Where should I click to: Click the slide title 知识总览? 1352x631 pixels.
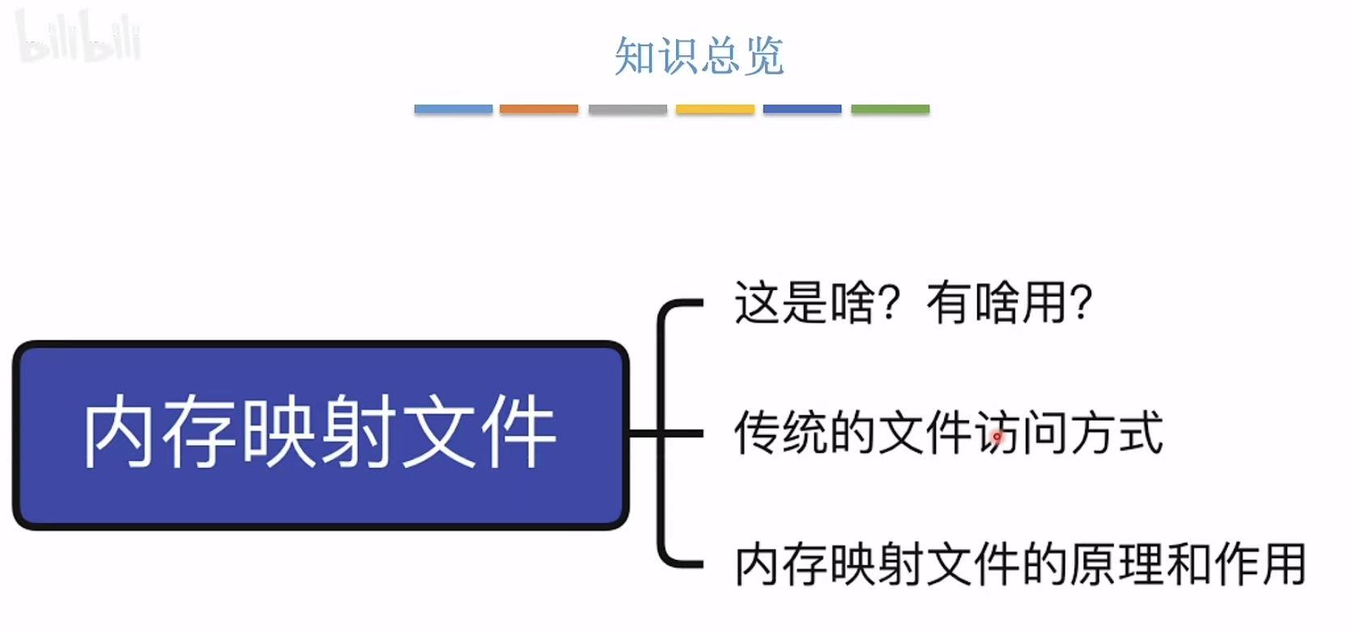[699, 56]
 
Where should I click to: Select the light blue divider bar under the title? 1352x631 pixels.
[453, 109]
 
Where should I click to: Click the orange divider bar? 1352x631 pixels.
[539, 109]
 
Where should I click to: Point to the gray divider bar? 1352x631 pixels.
[627, 109]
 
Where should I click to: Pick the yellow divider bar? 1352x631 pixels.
[715, 109]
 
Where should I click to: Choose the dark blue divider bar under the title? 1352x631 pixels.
[802, 109]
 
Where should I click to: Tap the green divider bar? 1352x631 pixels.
[890, 109]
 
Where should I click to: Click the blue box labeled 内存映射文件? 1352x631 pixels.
[321, 435]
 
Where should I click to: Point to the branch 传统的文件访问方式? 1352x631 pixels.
[948, 433]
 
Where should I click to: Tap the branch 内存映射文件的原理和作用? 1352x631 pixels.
[1020, 565]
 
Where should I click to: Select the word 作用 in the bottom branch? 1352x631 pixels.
[1259, 565]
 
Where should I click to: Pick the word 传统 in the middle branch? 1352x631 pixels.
[781, 433]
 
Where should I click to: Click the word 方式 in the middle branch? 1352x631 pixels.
[1116, 433]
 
